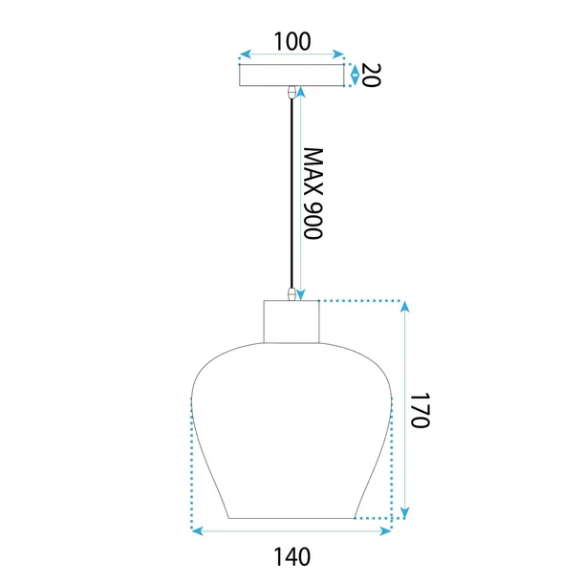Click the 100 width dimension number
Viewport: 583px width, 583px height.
click(x=291, y=41)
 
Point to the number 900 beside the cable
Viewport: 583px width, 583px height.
click(x=314, y=222)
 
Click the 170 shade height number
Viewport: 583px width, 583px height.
click(x=423, y=409)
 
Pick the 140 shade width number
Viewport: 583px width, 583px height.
click(x=291, y=553)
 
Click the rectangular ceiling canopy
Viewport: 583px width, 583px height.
click(x=291, y=75)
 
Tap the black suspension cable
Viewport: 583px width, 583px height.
click(x=291, y=191)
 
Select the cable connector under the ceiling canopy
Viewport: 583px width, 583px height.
click(x=291, y=93)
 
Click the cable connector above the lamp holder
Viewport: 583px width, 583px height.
click(x=291, y=293)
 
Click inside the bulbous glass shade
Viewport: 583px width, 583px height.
click(x=291, y=430)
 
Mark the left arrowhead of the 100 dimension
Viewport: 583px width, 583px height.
click(x=244, y=54)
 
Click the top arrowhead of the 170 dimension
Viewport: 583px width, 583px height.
click(x=404, y=308)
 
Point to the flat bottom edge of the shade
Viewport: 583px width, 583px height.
click(x=291, y=519)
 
